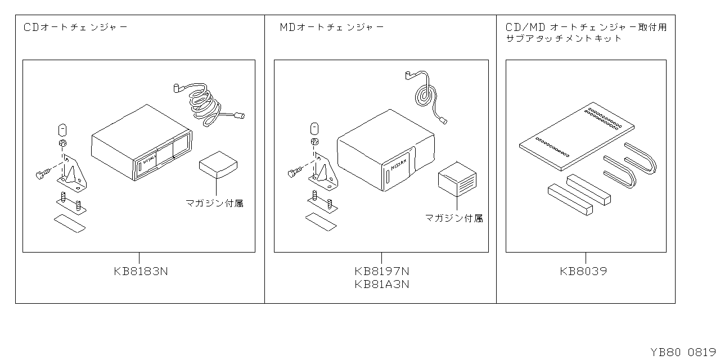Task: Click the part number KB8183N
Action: pyautogui.click(x=141, y=271)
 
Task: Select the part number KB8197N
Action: pyautogui.click(x=382, y=271)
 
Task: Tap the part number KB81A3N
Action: pyautogui.click(x=382, y=284)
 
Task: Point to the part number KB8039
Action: pyautogui.click(x=583, y=271)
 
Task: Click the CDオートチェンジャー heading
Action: pyautogui.click(x=76, y=27)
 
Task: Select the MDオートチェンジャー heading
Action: pyautogui.click(x=332, y=27)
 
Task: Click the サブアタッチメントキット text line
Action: pyautogui.click(x=564, y=38)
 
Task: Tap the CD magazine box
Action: pyautogui.click(x=218, y=164)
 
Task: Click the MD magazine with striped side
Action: pyautogui.click(x=457, y=179)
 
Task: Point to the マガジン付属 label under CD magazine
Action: pyautogui.click(x=215, y=202)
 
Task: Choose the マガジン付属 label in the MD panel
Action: pyautogui.click(x=454, y=218)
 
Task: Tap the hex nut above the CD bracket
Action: pyautogui.click(x=62, y=143)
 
